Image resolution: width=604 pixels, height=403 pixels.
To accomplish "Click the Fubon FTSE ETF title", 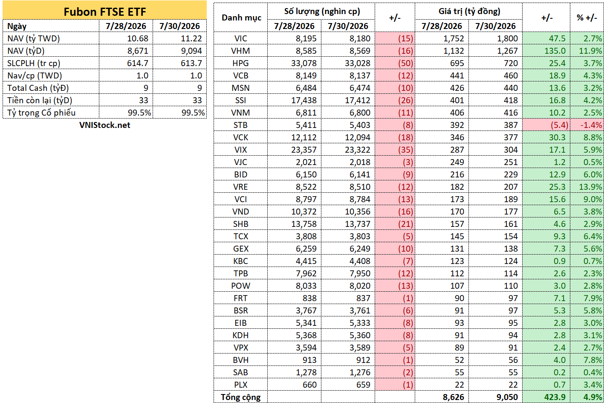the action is click(104, 12).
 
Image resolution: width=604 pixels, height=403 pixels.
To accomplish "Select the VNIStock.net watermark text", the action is click(104, 125).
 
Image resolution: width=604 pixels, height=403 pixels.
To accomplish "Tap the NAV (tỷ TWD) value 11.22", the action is click(191, 38).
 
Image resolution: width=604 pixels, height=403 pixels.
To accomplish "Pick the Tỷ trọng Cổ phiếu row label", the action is click(41, 113).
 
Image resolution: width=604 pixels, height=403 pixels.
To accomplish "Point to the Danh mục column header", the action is click(241, 18).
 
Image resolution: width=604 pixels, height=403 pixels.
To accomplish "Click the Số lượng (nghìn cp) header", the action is click(322, 12).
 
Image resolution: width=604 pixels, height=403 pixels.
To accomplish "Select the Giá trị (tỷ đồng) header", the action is click(469, 12).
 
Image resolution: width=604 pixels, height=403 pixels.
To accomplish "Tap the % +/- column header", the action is click(587, 18).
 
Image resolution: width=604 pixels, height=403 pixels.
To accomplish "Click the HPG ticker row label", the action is click(240, 64).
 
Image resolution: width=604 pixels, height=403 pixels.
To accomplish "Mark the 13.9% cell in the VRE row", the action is click(590, 187).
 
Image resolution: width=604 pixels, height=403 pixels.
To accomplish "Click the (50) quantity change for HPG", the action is click(405, 64).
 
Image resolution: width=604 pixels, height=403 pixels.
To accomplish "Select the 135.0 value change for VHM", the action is click(555, 51).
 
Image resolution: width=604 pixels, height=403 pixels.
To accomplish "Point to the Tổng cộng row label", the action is click(240, 397).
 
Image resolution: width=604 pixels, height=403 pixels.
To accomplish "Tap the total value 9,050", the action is click(507, 397).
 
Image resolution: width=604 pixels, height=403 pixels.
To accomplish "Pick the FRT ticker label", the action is click(240, 299).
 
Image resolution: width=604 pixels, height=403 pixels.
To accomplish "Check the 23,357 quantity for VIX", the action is click(303, 150).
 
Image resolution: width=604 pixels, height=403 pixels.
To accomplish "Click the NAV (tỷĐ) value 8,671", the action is click(138, 51).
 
